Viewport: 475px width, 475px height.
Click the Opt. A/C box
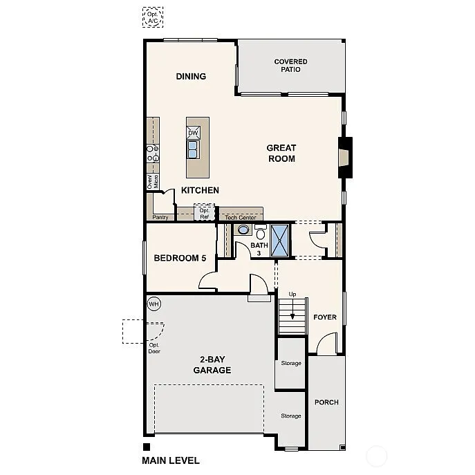click(x=152, y=17)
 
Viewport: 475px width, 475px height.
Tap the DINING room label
click(x=191, y=76)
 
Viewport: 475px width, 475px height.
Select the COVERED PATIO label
click(x=290, y=66)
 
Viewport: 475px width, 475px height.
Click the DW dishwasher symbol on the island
click(x=194, y=131)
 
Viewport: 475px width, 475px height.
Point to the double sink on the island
click(x=194, y=148)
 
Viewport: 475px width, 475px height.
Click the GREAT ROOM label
click(x=281, y=153)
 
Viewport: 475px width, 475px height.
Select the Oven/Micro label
click(x=152, y=181)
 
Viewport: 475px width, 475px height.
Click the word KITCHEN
click(x=201, y=190)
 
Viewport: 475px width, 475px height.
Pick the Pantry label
click(x=160, y=217)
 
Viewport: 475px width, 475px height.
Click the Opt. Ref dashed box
click(x=204, y=212)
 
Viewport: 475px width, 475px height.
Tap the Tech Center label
click(x=241, y=217)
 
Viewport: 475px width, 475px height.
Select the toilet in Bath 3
click(x=260, y=232)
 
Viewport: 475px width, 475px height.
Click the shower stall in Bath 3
click(x=280, y=240)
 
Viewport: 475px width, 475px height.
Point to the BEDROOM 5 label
click(x=180, y=258)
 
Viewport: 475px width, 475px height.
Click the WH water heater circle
click(x=153, y=303)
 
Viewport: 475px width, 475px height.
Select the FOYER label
click(x=325, y=317)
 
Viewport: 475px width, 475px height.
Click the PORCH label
click(x=326, y=402)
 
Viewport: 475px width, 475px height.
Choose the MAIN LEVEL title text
click(x=171, y=460)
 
